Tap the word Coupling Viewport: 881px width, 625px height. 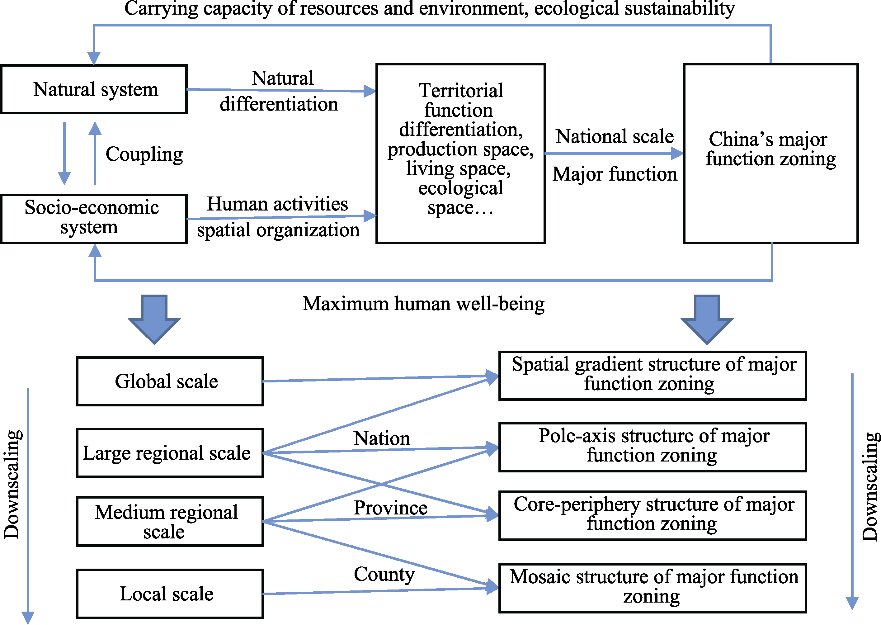(x=144, y=154)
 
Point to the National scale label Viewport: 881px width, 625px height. (x=615, y=137)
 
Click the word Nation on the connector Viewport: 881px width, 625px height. (x=382, y=438)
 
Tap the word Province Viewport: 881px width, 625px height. (x=390, y=508)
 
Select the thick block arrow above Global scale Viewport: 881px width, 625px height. (x=154, y=319)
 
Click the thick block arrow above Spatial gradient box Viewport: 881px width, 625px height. (x=707, y=319)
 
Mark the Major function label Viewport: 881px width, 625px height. (x=615, y=174)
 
